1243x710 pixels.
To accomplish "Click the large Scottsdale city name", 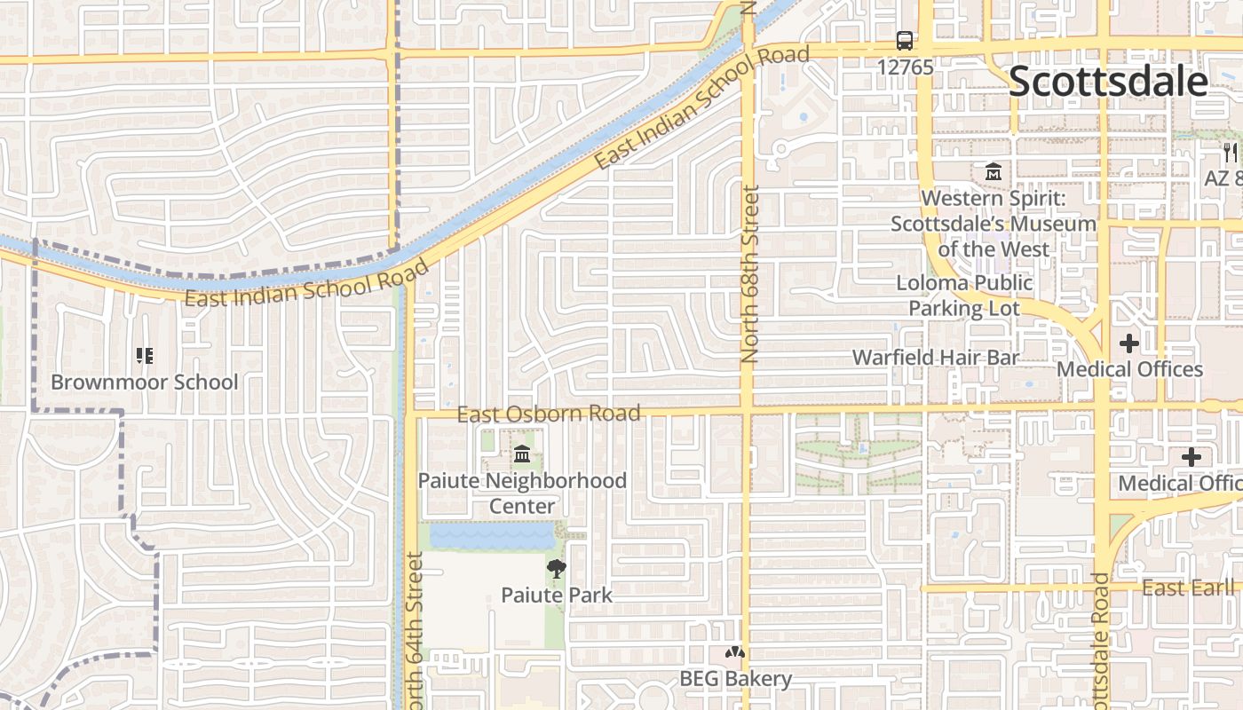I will click(1108, 82).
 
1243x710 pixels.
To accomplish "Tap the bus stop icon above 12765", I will click(905, 41).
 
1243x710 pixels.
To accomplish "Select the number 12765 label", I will click(905, 67).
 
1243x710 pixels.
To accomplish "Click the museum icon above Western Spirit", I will click(993, 171).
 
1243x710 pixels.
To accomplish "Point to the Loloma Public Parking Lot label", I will click(964, 296).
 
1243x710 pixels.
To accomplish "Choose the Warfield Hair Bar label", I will click(936, 357).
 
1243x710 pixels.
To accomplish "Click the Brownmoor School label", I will click(144, 383).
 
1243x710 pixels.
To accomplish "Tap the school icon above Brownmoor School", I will click(144, 356).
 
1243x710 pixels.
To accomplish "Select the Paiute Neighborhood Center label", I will click(522, 493).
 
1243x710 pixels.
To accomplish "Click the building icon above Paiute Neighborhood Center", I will click(522, 455).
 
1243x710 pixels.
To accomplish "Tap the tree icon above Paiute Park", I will click(557, 569).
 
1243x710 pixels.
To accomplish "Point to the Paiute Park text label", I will click(557, 595).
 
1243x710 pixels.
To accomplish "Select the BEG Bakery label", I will click(735, 679).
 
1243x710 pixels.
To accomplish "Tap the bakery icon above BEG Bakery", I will click(734, 653).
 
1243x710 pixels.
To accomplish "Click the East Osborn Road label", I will click(548, 414).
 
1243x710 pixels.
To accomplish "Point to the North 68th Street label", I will click(750, 273).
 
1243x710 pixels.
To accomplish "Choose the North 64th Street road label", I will click(415, 630).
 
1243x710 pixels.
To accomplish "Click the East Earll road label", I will click(1188, 588).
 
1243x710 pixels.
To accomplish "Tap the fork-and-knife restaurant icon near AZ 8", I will click(1230, 153).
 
